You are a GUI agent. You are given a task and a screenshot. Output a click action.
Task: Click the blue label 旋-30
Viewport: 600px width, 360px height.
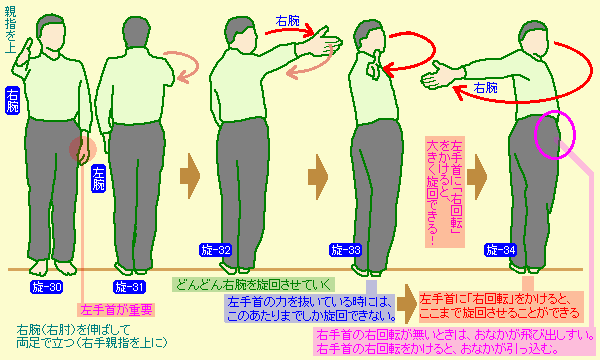click(x=47, y=287)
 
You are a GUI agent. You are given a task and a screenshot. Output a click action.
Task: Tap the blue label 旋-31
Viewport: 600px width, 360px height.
click(x=129, y=287)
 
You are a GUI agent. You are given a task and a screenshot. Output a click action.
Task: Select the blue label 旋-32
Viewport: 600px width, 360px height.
click(x=216, y=250)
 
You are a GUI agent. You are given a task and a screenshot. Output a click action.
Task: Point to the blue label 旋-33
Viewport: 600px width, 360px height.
click(x=346, y=250)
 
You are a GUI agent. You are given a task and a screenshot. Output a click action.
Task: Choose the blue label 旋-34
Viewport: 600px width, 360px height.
click(x=501, y=250)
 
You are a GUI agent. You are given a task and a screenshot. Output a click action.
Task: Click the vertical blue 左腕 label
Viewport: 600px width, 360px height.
click(x=98, y=178)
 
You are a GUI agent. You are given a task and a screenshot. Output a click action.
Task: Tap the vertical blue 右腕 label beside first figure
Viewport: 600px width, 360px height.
click(x=12, y=100)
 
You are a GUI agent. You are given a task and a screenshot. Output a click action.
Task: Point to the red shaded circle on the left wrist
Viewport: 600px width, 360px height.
click(x=83, y=149)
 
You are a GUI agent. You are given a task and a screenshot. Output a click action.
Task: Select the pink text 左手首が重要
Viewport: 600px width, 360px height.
click(x=116, y=310)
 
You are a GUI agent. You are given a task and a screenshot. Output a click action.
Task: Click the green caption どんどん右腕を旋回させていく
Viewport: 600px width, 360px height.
click(x=253, y=285)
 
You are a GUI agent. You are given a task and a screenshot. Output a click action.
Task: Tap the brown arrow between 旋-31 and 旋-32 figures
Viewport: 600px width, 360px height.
click(x=190, y=176)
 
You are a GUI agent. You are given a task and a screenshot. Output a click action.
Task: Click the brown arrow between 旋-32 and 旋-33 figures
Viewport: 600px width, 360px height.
click(x=318, y=177)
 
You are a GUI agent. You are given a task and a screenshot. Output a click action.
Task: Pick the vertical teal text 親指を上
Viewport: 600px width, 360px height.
click(x=11, y=29)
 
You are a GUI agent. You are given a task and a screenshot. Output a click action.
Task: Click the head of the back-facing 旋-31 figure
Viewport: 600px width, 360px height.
click(x=137, y=32)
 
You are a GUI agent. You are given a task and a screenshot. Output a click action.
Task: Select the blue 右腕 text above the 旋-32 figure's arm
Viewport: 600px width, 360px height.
click(x=288, y=21)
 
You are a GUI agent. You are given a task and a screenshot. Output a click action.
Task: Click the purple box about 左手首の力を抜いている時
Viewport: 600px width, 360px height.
click(x=309, y=309)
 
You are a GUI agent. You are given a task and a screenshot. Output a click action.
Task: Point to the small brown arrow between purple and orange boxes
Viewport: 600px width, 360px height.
click(x=407, y=304)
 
